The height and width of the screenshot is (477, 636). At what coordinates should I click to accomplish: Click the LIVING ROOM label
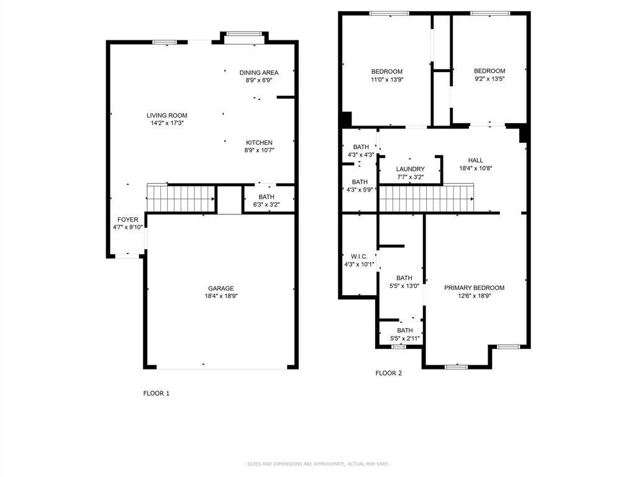166,116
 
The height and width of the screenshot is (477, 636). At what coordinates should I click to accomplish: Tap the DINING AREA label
259,73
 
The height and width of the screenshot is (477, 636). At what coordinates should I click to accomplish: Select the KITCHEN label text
259,143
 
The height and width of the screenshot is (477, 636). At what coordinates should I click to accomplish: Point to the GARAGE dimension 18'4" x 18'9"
220,296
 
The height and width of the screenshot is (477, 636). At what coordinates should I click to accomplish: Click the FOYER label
128,220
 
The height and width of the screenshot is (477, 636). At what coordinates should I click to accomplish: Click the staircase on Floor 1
180,199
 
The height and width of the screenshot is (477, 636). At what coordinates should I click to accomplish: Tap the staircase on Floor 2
426,199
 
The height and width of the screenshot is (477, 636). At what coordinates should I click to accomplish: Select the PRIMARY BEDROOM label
474,288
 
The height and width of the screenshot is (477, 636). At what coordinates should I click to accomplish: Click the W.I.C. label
359,257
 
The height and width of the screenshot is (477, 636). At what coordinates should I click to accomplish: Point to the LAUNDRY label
410,169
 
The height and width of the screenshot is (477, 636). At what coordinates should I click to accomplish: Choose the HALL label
475,160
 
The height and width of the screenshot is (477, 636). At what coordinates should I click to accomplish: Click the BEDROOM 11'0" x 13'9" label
387,71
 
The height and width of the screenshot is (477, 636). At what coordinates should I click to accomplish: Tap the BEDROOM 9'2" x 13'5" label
489,71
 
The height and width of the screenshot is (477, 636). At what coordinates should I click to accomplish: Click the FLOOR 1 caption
156,393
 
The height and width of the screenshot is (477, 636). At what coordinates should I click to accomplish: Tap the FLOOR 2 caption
389,373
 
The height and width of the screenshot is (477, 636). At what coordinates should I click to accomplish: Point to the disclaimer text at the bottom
318,464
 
